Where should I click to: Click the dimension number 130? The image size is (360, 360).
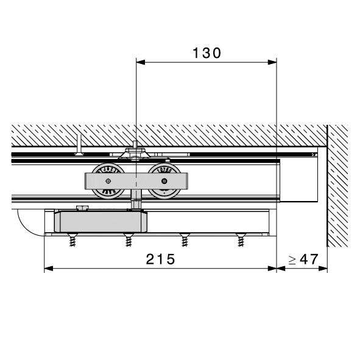[x=206, y=53]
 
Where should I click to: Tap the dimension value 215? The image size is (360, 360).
[x=160, y=259]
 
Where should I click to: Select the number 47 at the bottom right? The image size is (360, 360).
[x=309, y=259]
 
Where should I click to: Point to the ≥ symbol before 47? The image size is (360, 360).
[x=292, y=260]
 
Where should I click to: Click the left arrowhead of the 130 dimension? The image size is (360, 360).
[x=141, y=62]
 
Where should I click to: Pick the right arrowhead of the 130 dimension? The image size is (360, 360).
[x=272, y=62]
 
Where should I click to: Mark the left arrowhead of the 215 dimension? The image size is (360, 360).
[x=49, y=269]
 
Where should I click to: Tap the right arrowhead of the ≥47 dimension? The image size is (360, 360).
[x=323, y=269]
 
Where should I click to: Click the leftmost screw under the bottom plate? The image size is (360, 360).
[x=72, y=240]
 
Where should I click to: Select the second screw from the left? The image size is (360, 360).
[x=129, y=240]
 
